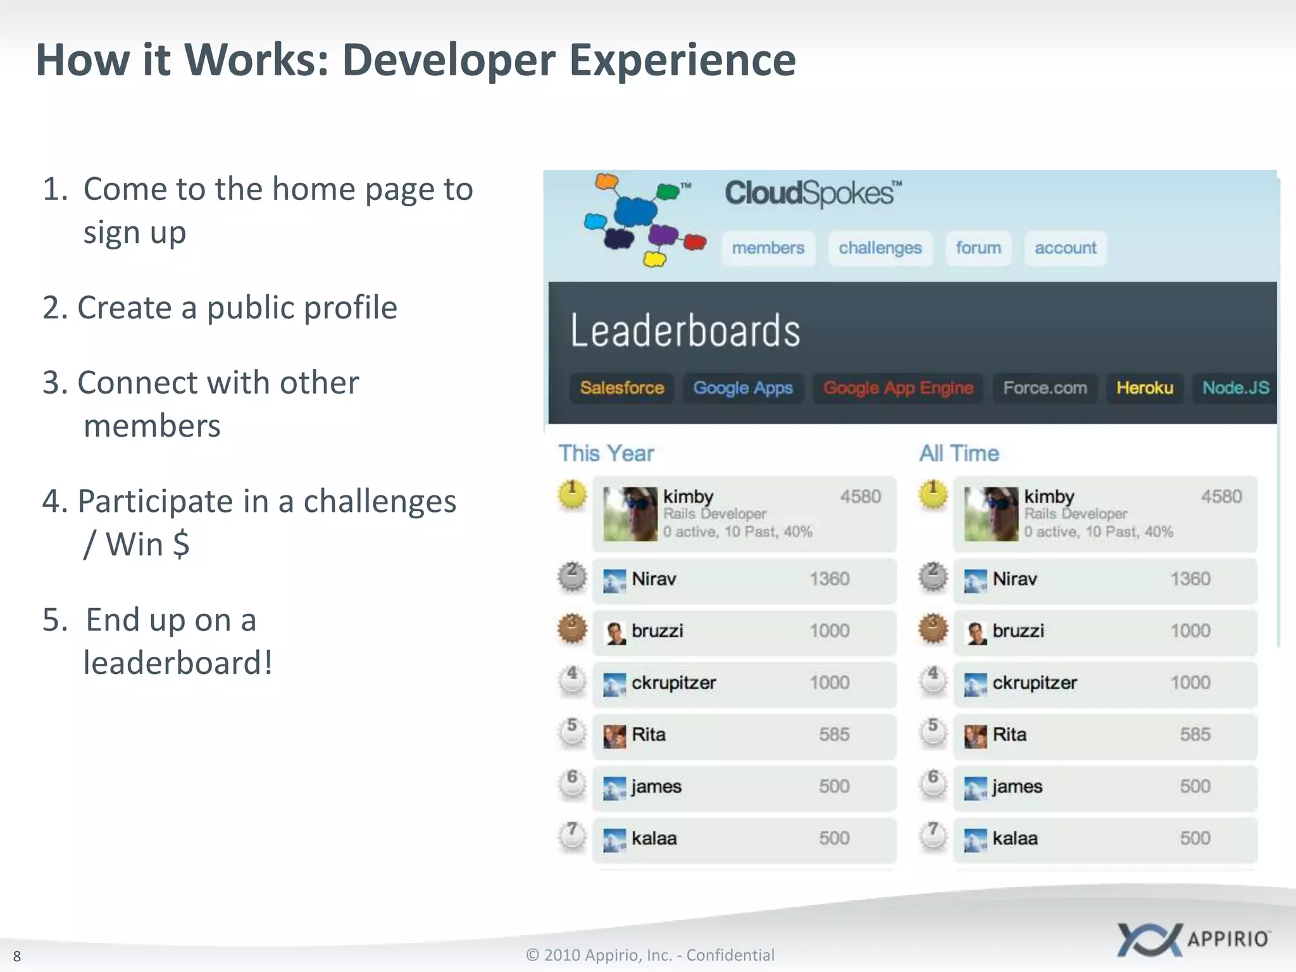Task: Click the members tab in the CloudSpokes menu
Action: tap(768, 248)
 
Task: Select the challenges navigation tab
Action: tap(880, 248)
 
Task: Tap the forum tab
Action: tap(978, 248)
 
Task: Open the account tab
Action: tap(1065, 248)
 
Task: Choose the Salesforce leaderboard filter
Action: tap(621, 388)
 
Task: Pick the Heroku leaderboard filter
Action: tap(1144, 388)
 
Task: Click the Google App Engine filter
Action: tap(897, 388)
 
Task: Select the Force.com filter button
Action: tap(1045, 388)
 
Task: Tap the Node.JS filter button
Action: tap(1235, 388)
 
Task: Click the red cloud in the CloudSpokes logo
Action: tap(695, 242)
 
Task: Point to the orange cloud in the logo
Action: tap(606, 182)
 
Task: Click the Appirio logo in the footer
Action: tap(1193, 939)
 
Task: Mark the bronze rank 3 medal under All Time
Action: tap(933, 629)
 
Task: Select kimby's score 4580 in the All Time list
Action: tap(1221, 497)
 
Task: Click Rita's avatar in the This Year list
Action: tap(614, 736)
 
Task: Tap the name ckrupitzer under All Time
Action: tap(1034, 683)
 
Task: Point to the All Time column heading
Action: tap(959, 454)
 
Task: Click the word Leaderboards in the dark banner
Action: tap(685, 330)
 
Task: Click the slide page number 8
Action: tap(17, 956)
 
